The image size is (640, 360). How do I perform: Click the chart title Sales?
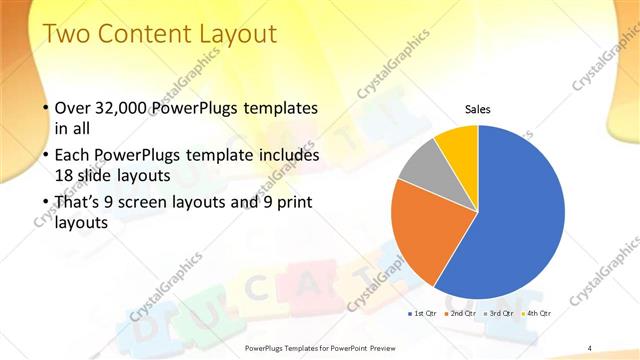[x=476, y=109]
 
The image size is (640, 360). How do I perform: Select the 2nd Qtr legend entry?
[x=460, y=313]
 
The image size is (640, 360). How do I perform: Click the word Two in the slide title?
[x=70, y=34]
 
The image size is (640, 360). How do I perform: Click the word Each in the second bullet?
[x=75, y=156]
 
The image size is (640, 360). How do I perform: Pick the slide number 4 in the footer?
[x=590, y=347]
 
